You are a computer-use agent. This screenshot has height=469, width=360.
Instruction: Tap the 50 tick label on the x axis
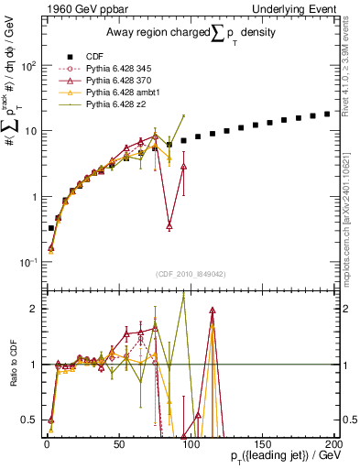point(119,442)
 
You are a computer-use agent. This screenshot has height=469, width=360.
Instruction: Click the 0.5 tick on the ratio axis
point(34,420)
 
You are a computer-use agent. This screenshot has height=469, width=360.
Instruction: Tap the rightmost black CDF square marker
point(328,115)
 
